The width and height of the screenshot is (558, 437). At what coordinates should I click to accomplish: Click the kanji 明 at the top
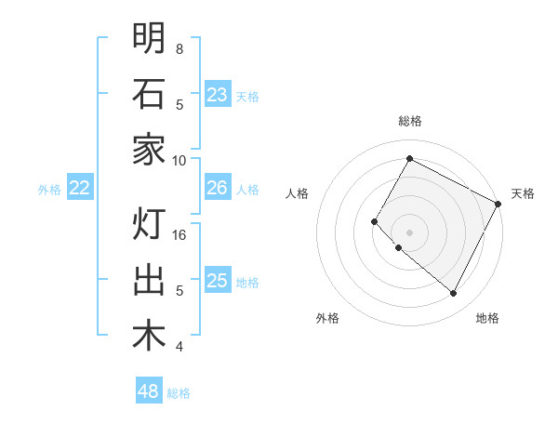(149, 38)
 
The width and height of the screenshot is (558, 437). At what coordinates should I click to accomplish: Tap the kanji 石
(149, 94)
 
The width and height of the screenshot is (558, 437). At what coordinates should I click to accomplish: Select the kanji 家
(149, 150)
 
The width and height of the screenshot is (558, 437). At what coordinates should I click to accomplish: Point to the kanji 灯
(149, 224)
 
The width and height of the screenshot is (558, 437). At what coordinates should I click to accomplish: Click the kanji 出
(149, 280)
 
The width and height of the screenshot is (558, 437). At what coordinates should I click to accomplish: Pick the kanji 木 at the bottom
(149, 336)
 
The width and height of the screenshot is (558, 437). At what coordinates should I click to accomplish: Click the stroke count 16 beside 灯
(180, 234)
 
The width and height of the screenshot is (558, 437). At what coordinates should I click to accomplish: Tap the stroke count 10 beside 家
(180, 160)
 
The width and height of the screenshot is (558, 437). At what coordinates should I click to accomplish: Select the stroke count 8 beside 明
(179, 48)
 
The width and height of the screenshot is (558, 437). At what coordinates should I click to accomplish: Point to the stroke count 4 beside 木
(179, 347)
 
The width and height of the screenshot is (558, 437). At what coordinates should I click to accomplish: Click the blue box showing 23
(217, 95)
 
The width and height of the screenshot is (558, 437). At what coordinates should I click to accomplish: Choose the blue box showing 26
(217, 188)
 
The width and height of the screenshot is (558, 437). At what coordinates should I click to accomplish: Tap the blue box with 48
(149, 391)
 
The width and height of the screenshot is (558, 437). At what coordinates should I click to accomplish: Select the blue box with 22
(80, 189)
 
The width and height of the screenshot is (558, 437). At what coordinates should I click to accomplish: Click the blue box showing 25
(217, 281)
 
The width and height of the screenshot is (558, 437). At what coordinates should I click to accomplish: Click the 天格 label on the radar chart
(523, 193)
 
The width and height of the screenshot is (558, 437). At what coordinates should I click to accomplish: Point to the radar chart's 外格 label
(327, 318)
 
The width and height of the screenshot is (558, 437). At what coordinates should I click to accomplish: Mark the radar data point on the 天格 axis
(498, 204)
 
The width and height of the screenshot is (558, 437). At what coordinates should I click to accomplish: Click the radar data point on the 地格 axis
(454, 294)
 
